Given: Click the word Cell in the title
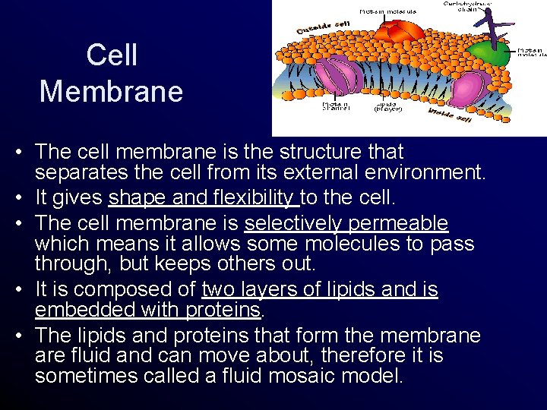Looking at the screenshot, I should point(112,55).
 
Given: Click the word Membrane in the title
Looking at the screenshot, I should point(112,91).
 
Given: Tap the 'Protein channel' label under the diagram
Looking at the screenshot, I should point(336,106).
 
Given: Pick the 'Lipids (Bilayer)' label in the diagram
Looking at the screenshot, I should point(388,106).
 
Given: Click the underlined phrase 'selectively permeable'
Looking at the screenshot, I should point(346,223).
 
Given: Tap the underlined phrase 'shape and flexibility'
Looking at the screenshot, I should point(203,198).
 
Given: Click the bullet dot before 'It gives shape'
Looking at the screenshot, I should point(17,199).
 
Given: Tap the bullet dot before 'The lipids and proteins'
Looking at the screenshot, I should point(17,336).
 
